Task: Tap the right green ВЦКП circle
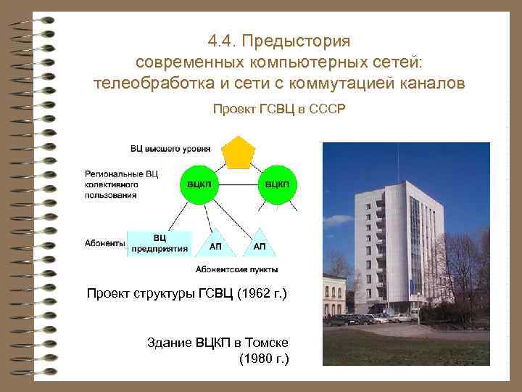pyautogui.click(x=278, y=187)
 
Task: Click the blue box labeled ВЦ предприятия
pyautogui.click(x=159, y=243)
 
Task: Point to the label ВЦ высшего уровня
pyautogui.click(x=170, y=149)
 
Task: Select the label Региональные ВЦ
pyautogui.click(x=121, y=175)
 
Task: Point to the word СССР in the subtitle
pyautogui.click(x=328, y=110)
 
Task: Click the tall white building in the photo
pyautogui.click(x=406, y=240)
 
